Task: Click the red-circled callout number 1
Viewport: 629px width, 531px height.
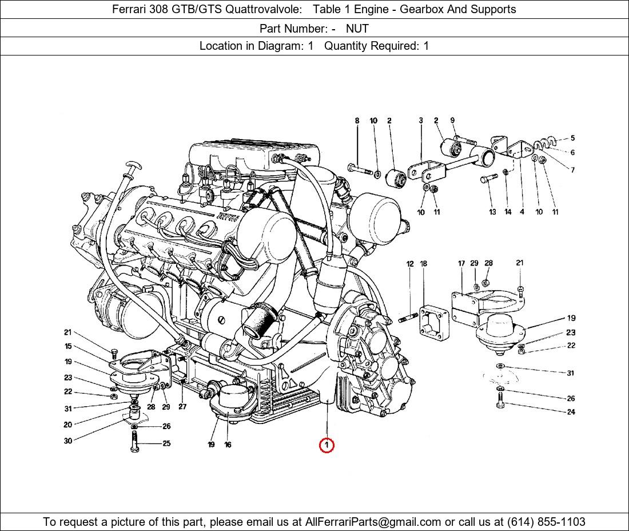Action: click(x=327, y=445)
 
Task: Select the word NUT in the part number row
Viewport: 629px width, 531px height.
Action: click(x=357, y=29)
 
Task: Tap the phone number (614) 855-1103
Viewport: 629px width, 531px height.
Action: click(x=546, y=522)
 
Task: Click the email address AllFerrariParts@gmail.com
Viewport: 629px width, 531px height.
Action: click(x=373, y=522)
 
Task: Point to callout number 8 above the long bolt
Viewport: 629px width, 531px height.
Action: click(x=357, y=120)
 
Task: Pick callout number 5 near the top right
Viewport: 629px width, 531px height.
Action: click(x=572, y=138)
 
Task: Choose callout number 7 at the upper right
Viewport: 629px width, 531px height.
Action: click(x=572, y=170)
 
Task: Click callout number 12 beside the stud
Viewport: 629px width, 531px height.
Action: click(x=410, y=264)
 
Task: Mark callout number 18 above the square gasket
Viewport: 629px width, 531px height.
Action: click(x=424, y=264)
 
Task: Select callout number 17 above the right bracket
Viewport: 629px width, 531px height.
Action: click(x=461, y=263)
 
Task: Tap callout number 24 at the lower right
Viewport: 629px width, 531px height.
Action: click(x=571, y=412)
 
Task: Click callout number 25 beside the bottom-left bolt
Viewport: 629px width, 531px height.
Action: click(x=166, y=443)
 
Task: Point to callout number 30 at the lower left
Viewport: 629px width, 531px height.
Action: click(x=68, y=441)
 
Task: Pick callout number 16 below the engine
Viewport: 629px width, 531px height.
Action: click(x=228, y=445)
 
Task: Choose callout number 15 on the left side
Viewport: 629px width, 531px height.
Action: click(x=68, y=346)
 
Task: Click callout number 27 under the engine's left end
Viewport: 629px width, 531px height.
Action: click(x=182, y=407)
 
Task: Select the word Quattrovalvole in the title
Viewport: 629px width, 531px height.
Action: click(x=264, y=9)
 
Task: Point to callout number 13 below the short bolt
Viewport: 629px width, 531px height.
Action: click(x=492, y=212)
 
